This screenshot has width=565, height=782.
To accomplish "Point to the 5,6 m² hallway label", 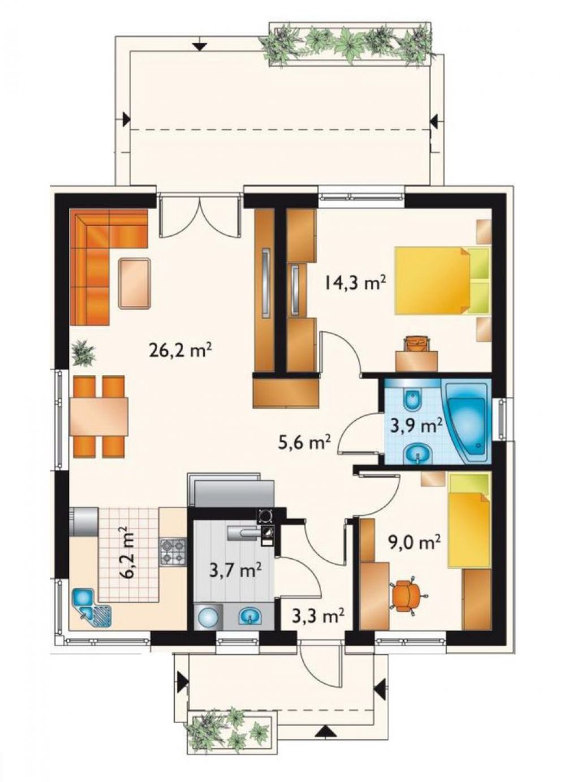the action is [304, 443].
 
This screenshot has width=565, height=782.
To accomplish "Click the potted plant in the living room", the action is [84, 353].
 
